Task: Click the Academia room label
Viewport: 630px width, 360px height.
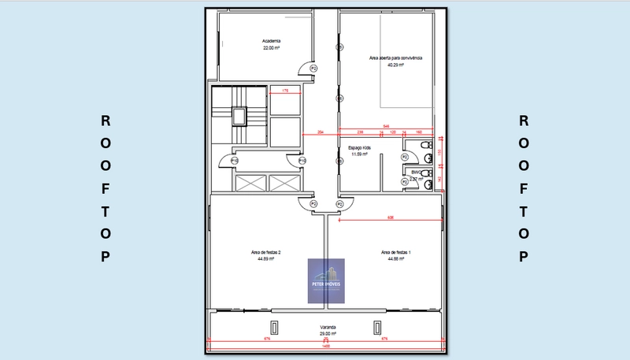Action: (x=272, y=41)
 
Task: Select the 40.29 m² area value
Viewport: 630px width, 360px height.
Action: (x=395, y=65)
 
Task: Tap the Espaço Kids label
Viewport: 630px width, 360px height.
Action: (x=360, y=147)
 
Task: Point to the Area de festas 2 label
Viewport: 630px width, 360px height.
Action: (x=266, y=252)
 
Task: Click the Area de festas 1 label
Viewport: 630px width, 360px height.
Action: (x=395, y=252)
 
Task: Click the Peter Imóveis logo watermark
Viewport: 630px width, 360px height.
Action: (x=326, y=280)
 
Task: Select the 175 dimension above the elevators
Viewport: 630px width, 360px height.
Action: (x=285, y=91)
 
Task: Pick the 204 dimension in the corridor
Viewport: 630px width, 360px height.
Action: (x=321, y=132)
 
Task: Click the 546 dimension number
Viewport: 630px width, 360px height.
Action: (x=387, y=126)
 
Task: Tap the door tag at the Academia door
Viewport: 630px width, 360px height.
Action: (x=313, y=69)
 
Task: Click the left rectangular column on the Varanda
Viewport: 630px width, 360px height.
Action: (x=274, y=327)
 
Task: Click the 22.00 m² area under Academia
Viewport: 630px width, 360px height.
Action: (x=272, y=48)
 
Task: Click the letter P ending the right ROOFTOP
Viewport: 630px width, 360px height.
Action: (x=523, y=257)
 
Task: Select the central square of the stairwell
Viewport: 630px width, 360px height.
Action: (x=239, y=116)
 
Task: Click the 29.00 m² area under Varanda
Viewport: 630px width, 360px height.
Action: (x=328, y=333)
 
